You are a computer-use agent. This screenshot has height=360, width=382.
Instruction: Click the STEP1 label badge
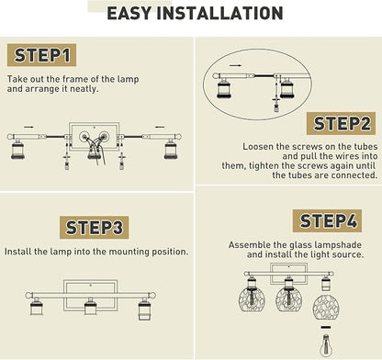point(41,55)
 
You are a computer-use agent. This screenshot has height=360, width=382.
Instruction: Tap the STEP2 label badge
point(341,123)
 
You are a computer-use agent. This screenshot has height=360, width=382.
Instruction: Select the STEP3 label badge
point(94,228)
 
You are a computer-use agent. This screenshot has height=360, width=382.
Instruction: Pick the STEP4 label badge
point(327,220)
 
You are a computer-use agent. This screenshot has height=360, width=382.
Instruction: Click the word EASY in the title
point(129,13)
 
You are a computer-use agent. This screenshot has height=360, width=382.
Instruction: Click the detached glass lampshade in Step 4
point(326,307)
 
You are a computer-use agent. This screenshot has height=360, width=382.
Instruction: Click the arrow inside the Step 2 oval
point(236,65)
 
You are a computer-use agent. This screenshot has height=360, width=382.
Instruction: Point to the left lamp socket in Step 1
point(17,149)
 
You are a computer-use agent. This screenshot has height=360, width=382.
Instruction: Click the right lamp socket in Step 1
point(171,149)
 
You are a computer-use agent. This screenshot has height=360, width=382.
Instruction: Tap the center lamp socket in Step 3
point(91,306)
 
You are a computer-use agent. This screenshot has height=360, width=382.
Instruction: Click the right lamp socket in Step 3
point(144,309)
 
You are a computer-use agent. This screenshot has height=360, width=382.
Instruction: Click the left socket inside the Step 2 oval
point(224,88)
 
